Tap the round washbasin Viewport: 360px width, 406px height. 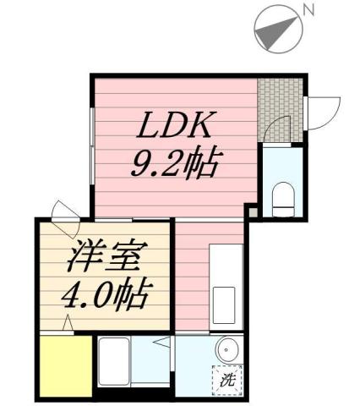(x=226, y=350)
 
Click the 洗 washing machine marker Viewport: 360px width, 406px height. (x=226, y=380)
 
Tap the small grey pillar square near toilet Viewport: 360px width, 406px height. (x=251, y=212)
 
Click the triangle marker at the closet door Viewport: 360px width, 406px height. (x=66, y=322)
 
